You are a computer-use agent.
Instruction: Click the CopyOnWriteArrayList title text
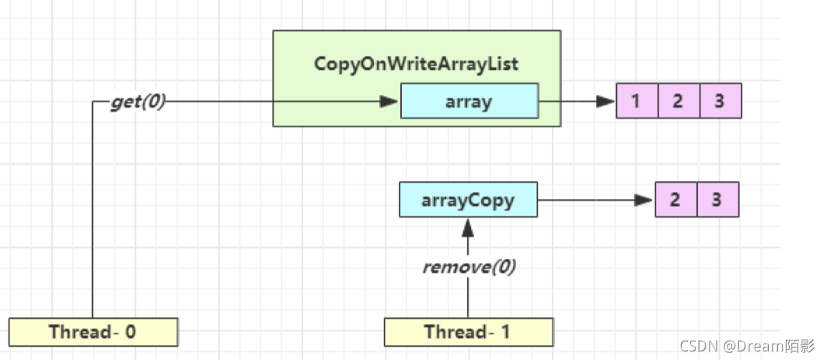click(x=416, y=64)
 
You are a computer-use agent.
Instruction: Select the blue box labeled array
click(x=469, y=101)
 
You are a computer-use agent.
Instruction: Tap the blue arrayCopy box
click(x=469, y=200)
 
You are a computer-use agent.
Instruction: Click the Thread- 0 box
click(x=93, y=332)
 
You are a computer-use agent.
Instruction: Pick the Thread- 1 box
click(x=469, y=332)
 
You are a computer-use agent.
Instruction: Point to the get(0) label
click(x=138, y=102)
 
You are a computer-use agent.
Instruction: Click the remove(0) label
click(x=469, y=267)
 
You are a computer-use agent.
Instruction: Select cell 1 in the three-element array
click(x=637, y=101)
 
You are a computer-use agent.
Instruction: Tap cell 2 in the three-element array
click(x=679, y=101)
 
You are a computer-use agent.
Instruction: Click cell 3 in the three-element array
click(x=721, y=101)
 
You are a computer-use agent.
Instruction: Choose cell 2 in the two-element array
click(x=676, y=200)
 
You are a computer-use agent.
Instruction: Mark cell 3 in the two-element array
click(x=718, y=200)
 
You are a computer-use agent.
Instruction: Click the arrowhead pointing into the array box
click(x=389, y=101)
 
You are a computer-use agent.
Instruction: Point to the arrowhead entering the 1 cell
click(x=605, y=101)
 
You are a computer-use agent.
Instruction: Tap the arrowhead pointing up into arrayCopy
click(x=468, y=228)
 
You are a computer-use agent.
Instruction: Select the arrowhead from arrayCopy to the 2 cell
click(x=644, y=200)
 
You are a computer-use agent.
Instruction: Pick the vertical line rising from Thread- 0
click(x=92, y=210)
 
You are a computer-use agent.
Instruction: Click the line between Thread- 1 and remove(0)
click(x=468, y=298)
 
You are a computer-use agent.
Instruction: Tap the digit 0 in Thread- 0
click(x=130, y=332)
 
